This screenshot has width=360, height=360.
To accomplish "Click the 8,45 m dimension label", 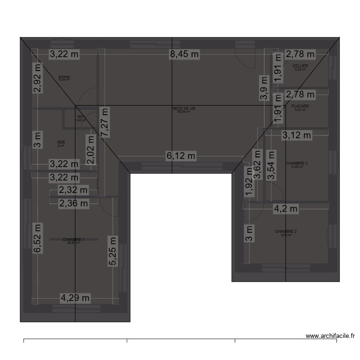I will [x=184, y=54].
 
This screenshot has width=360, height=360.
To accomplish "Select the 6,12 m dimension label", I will [x=181, y=156].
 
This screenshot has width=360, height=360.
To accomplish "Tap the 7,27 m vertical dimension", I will [x=104, y=123].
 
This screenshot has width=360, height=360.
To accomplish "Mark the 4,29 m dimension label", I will [x=75, y=298].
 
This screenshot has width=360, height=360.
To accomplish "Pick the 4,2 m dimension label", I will [x=286, y=209].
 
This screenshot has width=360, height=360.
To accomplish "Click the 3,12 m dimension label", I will [x=296, y=135].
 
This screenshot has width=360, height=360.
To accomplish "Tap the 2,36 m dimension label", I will [x=73, y=204].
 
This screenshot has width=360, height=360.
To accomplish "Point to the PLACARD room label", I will [x=300, y=107].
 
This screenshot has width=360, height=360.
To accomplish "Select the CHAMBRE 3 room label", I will [x=297, y=164].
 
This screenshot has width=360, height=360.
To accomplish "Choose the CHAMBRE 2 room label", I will [x=286, y=232].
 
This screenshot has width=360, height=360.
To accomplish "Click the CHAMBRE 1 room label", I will [x=73, y=240].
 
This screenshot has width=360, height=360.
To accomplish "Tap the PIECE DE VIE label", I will [x=184, y=109].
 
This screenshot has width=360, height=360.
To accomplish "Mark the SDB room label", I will [x=60, y=143].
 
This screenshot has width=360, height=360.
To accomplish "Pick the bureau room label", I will [x=64, y=77].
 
